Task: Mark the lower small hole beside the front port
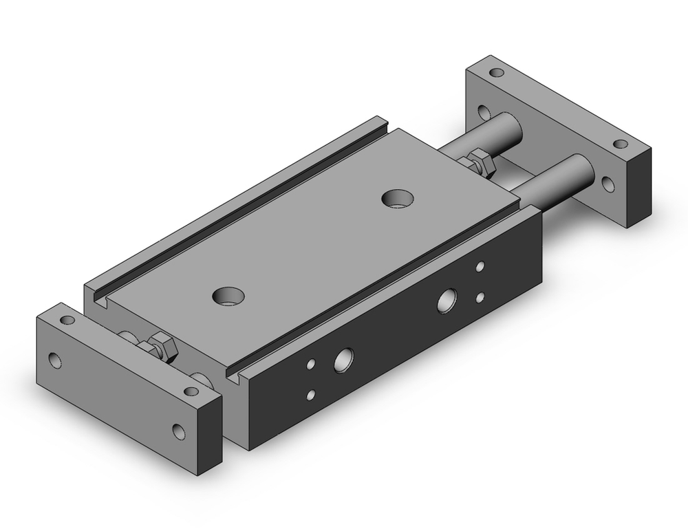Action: click(x=312, y=394)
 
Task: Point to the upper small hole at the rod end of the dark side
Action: click(x=480, y=265)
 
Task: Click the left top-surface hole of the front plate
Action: click(x=67, y=321)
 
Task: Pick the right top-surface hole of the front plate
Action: click(x=191, y=391)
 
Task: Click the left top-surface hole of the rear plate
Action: click(x=496, y=72)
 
